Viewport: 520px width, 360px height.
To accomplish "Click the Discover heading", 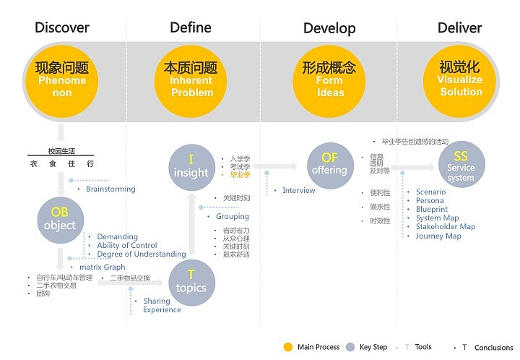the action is coord(62,28).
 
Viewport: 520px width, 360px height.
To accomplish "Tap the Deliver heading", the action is coord(459,28).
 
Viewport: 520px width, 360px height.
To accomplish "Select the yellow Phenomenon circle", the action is coord(62,80).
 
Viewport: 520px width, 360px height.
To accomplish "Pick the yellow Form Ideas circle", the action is coord(329,80).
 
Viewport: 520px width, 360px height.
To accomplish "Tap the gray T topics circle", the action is coord(191,281).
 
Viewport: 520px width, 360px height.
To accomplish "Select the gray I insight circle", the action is coord(191,166).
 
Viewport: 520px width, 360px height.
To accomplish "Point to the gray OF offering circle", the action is coord(329,164).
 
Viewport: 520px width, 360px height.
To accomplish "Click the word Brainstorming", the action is coord(110,189).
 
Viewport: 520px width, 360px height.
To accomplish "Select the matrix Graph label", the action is coord(102,267).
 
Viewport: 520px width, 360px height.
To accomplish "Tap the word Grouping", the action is coord(233,217).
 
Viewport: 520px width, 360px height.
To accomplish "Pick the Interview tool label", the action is coord(299,191).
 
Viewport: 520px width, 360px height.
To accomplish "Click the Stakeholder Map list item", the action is coord(446,227).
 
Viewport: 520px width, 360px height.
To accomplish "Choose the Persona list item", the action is coord(430,201).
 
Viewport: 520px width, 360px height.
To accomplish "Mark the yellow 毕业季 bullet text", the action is coord(240,175).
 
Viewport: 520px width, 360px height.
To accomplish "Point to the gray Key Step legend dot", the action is coord(351,348).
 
